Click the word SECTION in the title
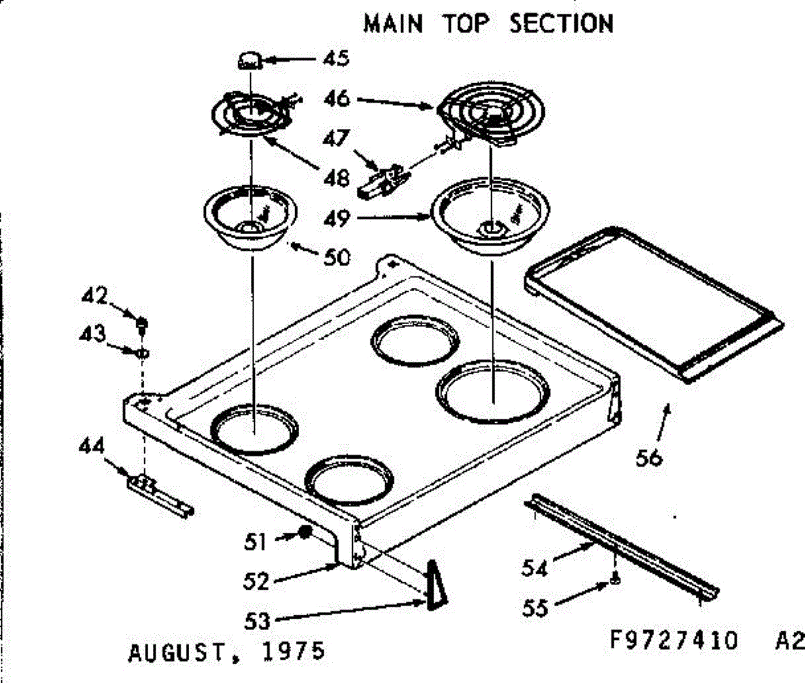[x=561, y=24]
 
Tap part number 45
[x=335, y=58]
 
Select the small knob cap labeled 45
[x=249, y=61]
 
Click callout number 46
[x=337, y=99]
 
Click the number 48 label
[x=335, y=178]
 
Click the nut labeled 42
[x=142, y=323]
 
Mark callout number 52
[x=256, y=581]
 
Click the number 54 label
[x=535, y=568]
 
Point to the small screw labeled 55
[x=614, y=580]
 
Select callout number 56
[x=649, y=458]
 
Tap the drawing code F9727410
[x=674, y=640]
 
